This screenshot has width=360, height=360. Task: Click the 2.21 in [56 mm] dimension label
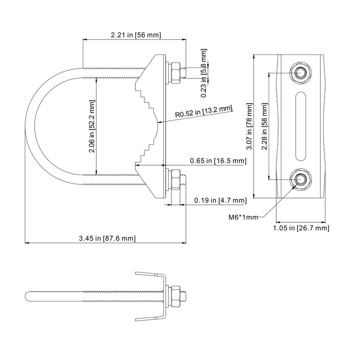click(x=136, y=35)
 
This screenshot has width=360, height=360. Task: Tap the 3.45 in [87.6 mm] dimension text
click(x=107, y=238)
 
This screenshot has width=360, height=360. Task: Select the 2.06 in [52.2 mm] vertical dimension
click(x=92, y=126)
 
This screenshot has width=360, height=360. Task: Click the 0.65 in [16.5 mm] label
click(x=218, y=161)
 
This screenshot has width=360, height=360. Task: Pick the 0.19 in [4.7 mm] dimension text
click(x=220, y=200)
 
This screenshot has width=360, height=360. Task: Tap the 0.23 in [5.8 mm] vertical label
click(x=204, y=73)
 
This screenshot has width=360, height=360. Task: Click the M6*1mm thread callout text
click(x=243, y=217)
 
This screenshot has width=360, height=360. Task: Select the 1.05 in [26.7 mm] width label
click(x=301, y=228)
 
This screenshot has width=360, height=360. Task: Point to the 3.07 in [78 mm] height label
click(x=249, y=126)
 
